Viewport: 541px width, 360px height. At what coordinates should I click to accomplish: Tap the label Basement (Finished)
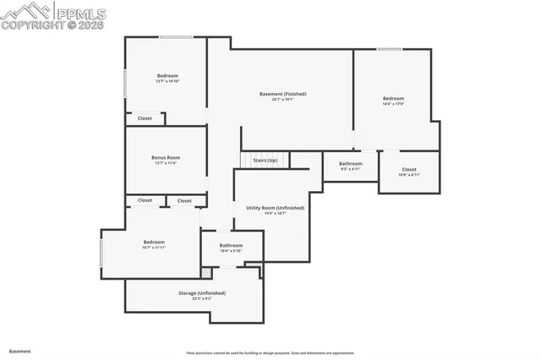coord(282,94)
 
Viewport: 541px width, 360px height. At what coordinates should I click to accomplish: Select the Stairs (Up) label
coord(265,160)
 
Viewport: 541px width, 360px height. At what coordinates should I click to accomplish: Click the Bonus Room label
coord(166,158)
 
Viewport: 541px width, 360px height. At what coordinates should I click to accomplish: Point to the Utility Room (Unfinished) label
coord(275,207)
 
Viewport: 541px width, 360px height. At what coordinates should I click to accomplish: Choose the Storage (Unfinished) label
coord(201,293)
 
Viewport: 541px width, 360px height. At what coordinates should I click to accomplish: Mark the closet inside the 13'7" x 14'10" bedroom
coord(145,118)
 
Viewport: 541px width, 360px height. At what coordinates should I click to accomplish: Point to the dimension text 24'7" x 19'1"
coord(282,99)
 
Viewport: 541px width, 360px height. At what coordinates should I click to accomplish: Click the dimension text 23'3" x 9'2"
coord(201,298)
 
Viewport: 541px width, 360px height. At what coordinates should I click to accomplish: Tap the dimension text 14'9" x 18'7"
coord(275,213)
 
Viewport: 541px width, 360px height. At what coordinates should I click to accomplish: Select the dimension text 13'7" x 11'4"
coord(166,163)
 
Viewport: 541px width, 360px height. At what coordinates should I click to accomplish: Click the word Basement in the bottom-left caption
coord(20,351)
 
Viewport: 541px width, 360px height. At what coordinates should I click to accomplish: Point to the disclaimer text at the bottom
coord(270,353)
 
